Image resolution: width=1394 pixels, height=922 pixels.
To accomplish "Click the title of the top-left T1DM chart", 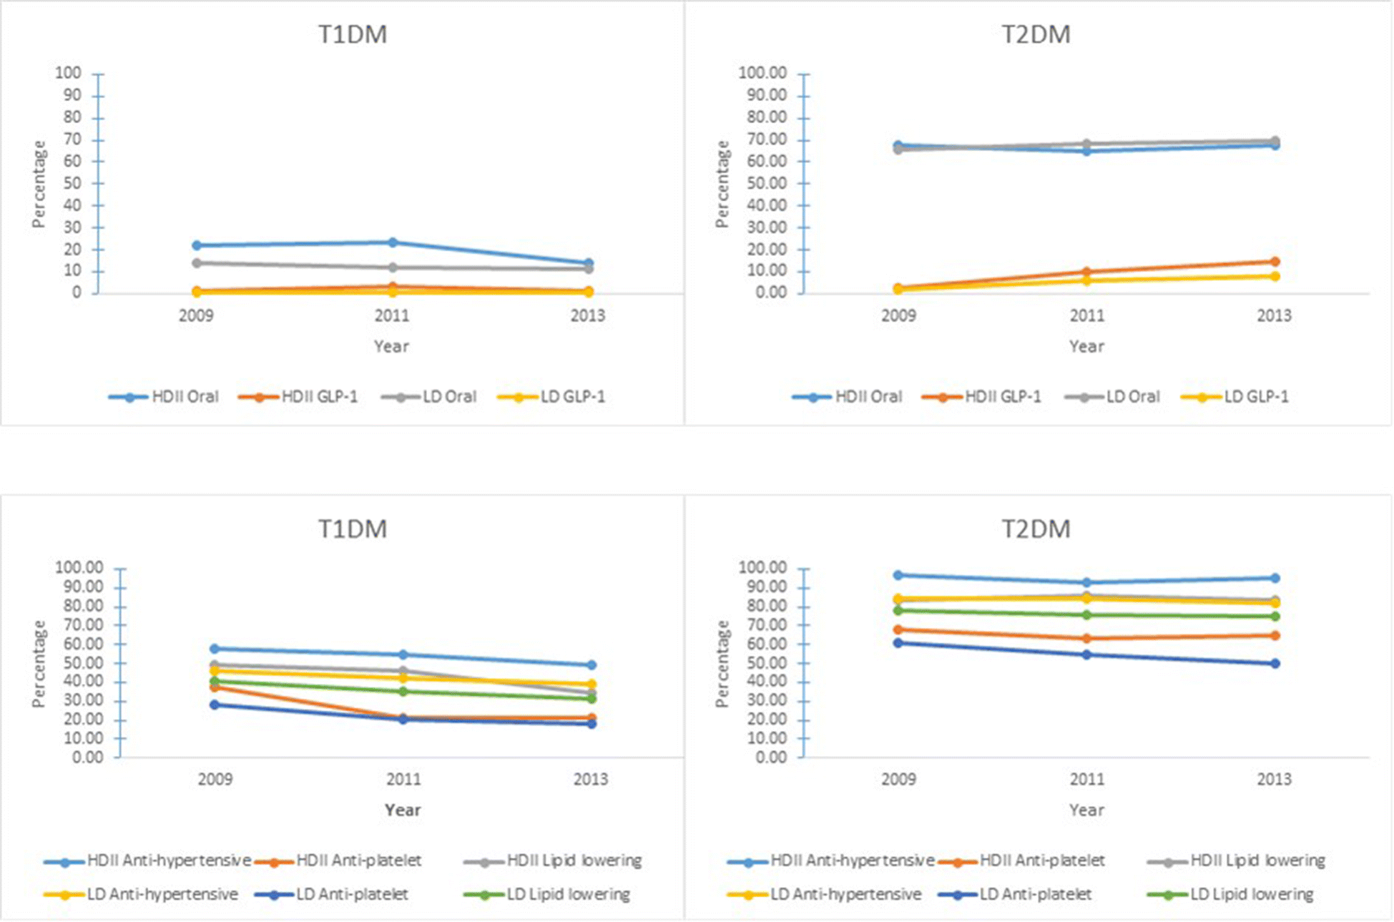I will pyautogui.click(x=352, y=34).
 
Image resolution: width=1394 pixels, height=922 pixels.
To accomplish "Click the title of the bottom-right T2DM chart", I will pyautogui.click(x=1035, y=529).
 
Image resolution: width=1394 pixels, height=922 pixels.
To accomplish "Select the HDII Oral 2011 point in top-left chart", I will pyautogui.click(x=393, y=242).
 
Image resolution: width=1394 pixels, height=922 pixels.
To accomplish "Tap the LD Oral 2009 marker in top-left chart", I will pyautogui.click(x=197, y=263).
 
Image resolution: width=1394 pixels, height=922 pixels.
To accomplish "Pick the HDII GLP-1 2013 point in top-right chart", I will pyautogui.click(x=1275, y=262).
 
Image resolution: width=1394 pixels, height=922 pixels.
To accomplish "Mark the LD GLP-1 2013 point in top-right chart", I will pyautogui.click(x=1275, y=276).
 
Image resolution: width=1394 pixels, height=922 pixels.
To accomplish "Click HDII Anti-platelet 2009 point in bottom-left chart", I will pyautogui.click(x=215, y=687).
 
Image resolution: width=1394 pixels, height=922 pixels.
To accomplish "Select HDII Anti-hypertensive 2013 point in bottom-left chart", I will pyautogui.click(x=592, y=665).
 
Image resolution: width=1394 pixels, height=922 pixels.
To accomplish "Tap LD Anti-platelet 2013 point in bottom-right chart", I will pyautogui.click(x=1275, y=664).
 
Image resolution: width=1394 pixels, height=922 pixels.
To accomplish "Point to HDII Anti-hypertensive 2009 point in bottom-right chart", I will pyautogui.click(x=898, y=575).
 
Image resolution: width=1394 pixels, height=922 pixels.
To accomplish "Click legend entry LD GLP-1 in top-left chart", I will pyautogui.click(x=572, y=397).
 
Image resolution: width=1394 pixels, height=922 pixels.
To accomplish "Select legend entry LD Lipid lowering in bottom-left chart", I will pyautogui.click(x=568, y=895).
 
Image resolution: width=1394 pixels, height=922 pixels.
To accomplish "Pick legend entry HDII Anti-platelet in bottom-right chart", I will pyautogui.click(x=1041, y=860).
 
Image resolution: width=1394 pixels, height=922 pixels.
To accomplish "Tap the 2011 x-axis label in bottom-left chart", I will pyautogui.click(x=403, y=779).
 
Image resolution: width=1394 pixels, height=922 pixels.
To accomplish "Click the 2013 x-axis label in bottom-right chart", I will pyautogui.click(x=1274, y=779).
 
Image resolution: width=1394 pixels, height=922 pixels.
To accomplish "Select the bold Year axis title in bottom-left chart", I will pyautogui.click(x=403, y=810).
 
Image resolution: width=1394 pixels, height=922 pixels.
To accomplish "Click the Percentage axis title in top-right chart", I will pyautogui.click(x=722, y=184).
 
